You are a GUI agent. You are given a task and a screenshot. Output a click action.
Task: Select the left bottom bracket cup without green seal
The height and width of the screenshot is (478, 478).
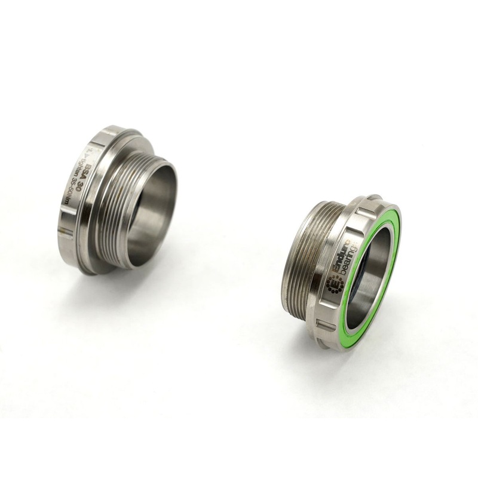point(119,197)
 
